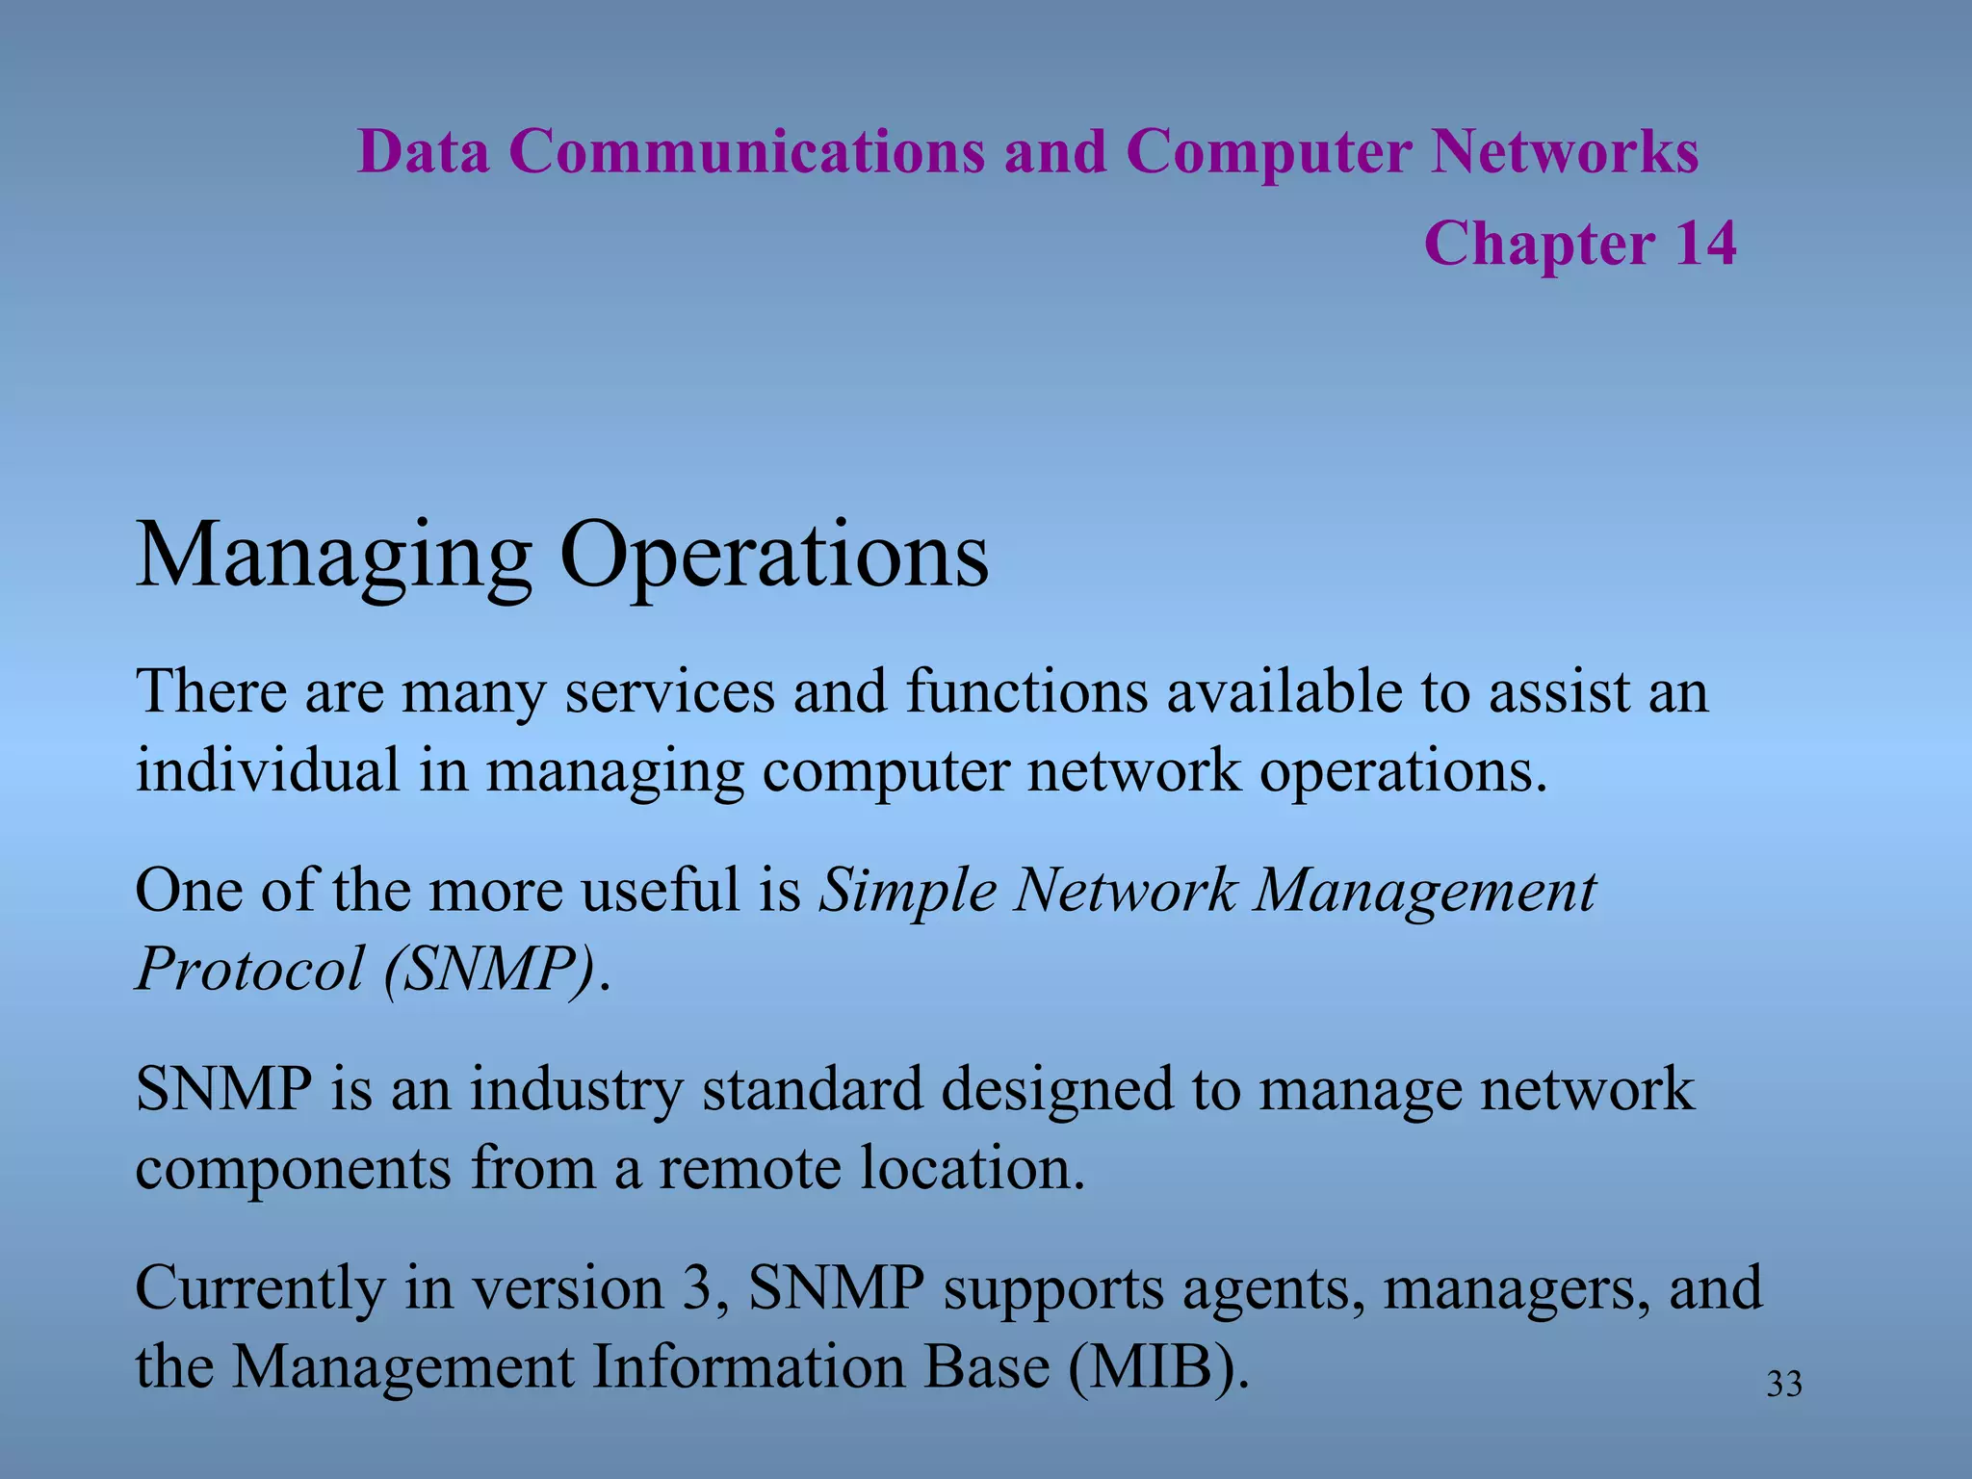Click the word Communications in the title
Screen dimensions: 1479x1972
[746, 152]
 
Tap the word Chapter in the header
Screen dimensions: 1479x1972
[1540, 245]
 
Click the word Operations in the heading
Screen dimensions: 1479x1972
[774, 557]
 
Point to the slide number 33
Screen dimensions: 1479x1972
[1784, 1385]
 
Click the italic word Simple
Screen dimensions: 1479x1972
[907, 892]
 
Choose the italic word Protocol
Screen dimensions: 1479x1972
[249, 969]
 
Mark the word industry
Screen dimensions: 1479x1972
[576, 1090]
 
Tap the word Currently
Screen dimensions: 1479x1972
[259, 1289]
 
